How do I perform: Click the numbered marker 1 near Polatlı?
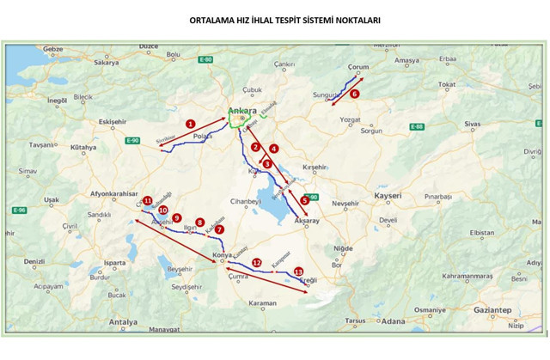tap(190, 124)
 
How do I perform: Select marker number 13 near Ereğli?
tap(298, 272)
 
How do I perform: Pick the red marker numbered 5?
tap(304, 200)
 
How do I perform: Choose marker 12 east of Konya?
tap(256, 262)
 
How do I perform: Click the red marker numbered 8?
tap(199, 222)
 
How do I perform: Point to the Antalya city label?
tap(121, 322)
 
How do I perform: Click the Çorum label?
tap(358, 67)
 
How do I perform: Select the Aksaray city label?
tap(307, 221)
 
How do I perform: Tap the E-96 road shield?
tap(18, 211)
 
